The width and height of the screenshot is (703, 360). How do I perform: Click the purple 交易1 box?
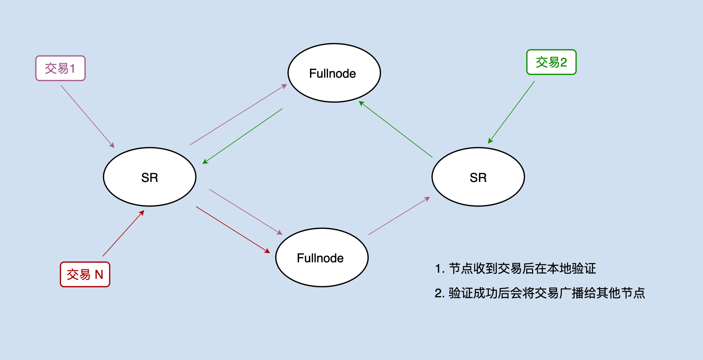tap(60, 68)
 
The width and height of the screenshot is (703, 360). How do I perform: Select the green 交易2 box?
tap(551, 62)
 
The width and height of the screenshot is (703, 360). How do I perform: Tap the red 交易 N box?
tap(85, 275)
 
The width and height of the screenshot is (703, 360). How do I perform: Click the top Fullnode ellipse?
tap(334, 73)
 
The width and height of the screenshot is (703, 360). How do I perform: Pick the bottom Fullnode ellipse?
tap(322, 258)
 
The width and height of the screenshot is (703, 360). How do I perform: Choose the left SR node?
tap(150, 177)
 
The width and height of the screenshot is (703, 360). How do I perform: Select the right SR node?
tap(478, 177)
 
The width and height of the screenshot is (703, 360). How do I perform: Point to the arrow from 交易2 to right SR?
tap(511, 112)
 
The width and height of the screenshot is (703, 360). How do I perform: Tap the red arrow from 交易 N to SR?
tap(123, 233)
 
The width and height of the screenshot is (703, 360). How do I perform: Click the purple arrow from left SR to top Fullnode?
tap(238, 115)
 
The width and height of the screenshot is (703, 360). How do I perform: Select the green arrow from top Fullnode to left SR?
tap(243, 136)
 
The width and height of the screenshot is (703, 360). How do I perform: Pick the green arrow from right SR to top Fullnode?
tap(396, 129)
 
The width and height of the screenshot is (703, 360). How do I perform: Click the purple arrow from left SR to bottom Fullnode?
tap(245, 212)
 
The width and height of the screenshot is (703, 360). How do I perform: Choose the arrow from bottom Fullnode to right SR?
tap(399, 216)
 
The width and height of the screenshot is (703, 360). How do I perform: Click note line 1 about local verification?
tap(515, 268)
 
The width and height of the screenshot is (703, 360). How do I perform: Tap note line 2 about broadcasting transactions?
tap(540, 293)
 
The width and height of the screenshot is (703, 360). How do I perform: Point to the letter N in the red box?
tap(99, 275)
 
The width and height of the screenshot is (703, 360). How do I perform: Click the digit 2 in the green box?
tap(563, 62)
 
